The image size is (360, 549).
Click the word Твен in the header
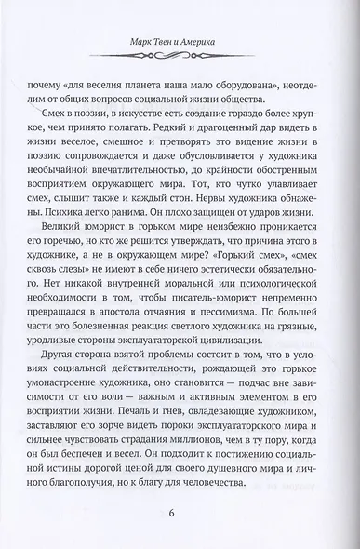point(166,41)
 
